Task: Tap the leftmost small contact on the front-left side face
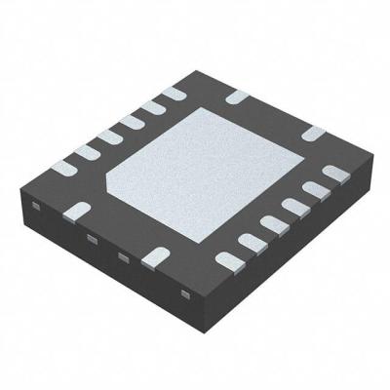point(36,205)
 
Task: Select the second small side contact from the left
point(91,239)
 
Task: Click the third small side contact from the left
point(123,256)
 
